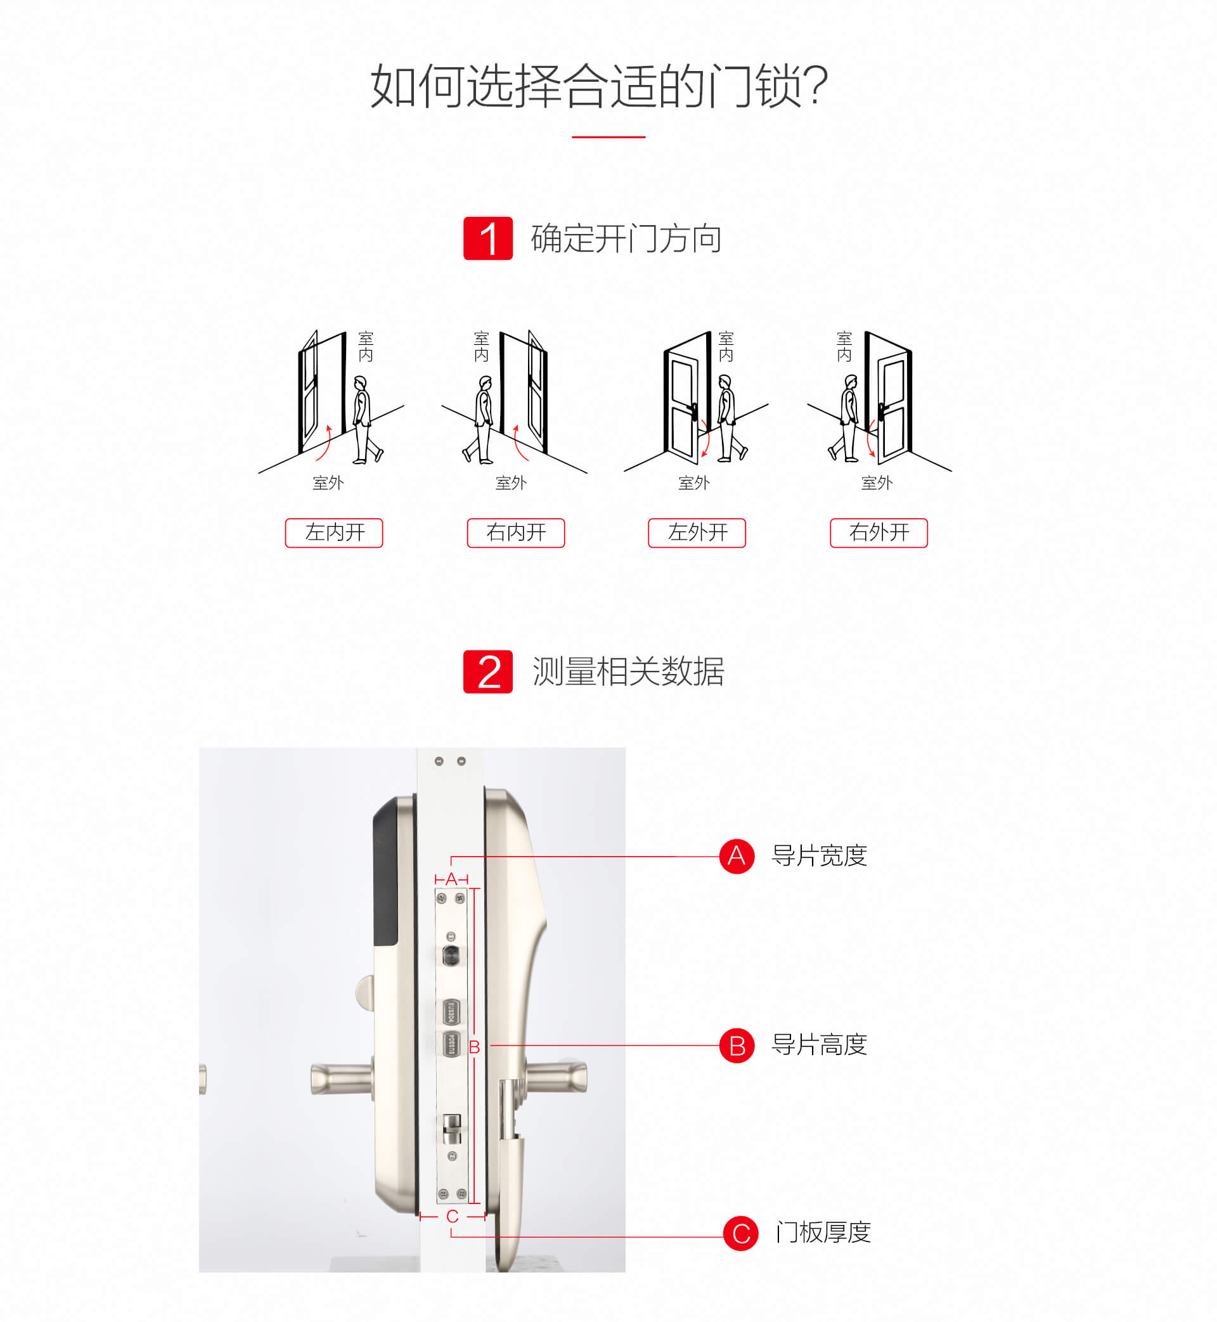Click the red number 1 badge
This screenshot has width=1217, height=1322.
point(488,238)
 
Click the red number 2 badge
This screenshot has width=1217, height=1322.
point(488,671)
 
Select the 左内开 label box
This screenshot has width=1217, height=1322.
point(334,532)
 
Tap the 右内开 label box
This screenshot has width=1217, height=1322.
point(516,532)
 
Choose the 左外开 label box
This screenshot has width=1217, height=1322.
point(697,532)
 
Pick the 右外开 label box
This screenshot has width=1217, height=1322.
point(879,532)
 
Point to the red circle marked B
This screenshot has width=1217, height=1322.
point(737,1045)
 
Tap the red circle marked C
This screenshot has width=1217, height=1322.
point(741,1233)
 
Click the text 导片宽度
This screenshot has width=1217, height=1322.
point(819,855)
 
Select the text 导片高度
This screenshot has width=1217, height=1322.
point(819,1045)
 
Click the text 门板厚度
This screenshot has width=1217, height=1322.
point(823,1233)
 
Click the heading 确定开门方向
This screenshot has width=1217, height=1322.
point(626,238)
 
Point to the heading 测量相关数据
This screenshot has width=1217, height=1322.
point(628,672)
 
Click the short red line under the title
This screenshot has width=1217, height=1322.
point(608,137)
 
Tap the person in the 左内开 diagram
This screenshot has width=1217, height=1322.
point(366,420)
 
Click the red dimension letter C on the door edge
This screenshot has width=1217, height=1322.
point(452,1217)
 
